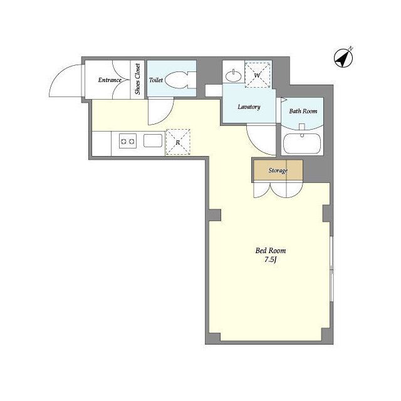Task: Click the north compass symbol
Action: (x=343, y=58)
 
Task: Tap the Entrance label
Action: (x=110, y=80)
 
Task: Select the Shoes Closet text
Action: (x=138, y=79)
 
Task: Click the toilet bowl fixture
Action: (x=180, y=80)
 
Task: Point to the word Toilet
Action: (x=156, y=80)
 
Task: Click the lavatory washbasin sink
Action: (x=234, y=75)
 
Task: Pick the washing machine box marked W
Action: (x=258, y=75)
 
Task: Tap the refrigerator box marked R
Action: (x=178, y=142)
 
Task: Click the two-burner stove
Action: (x=128, y=141)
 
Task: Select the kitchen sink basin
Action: (x=153, y=140)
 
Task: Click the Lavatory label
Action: (x=249, y=107)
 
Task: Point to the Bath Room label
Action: (x=303, y=112)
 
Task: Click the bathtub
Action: (x=302, y=143)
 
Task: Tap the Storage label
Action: (x=278, y=170)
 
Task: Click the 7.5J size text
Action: (x=271, y=260)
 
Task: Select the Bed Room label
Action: (x=271, y=251)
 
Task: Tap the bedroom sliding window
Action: (x=331, y=269)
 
